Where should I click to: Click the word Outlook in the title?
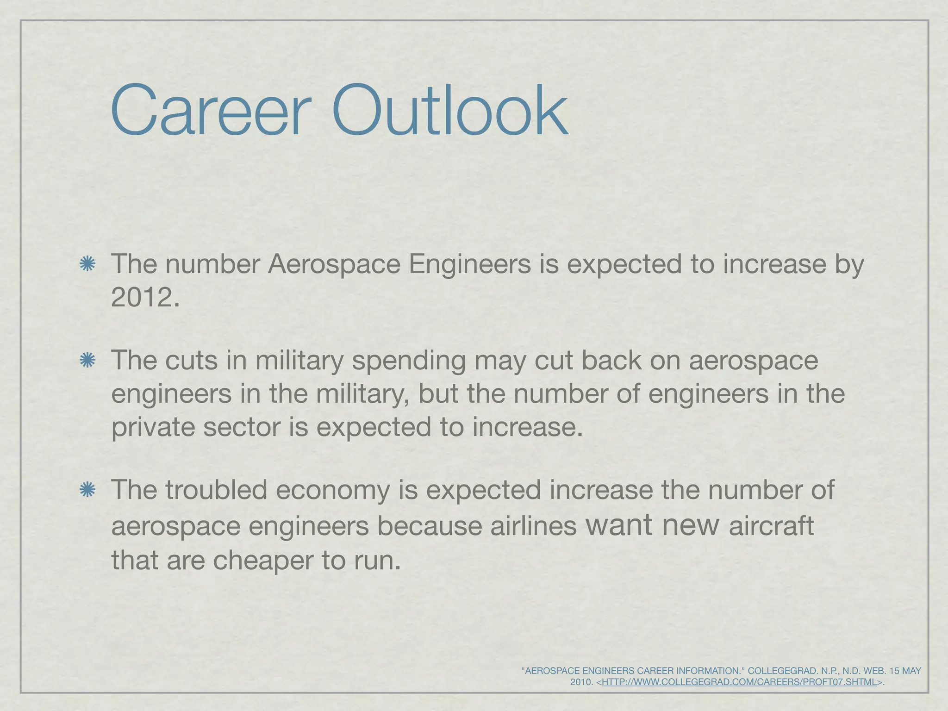click(449, 112)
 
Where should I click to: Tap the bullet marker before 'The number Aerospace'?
click(87, 264)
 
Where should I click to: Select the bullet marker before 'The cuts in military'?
click(87, 361)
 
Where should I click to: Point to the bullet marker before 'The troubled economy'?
click(87, 490)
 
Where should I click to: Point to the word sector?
click(242, 427)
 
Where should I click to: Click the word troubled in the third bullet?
click(216, 490)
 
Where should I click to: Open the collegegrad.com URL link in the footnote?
click(739, 682)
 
